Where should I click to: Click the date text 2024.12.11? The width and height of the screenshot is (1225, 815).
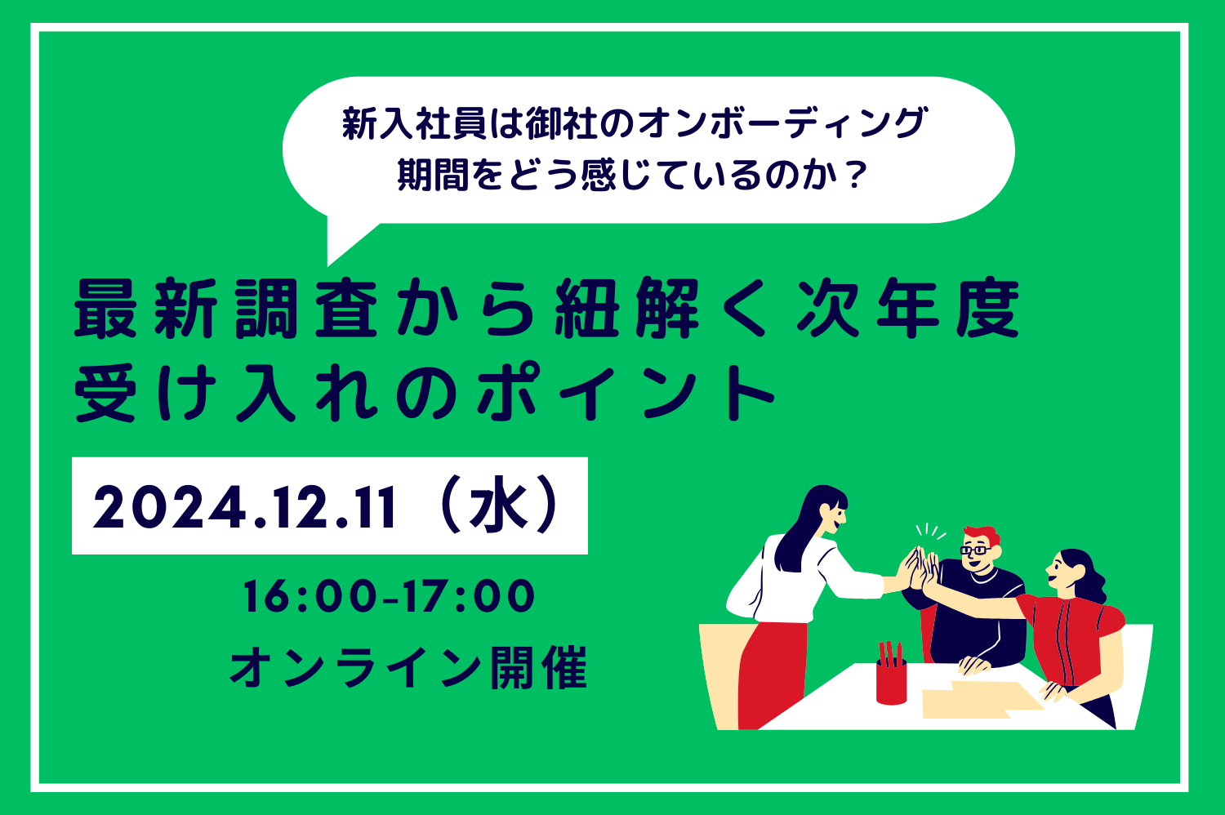click(244, 508)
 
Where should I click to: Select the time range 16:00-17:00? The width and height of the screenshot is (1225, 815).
click(390, 596)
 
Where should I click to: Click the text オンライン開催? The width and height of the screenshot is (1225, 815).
click(408, 668)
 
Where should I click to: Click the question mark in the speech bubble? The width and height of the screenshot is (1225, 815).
click(855, 175)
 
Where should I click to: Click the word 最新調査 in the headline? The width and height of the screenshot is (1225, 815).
click(226, 308)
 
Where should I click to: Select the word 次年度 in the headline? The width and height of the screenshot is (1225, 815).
click(908, 308)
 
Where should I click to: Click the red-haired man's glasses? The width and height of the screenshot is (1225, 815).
click(976, 550)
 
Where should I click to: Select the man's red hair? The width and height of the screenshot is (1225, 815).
click(982, 534)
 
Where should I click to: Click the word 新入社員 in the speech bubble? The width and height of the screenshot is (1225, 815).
click(413, 123)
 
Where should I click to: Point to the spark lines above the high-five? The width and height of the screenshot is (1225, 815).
click(930, 531)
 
